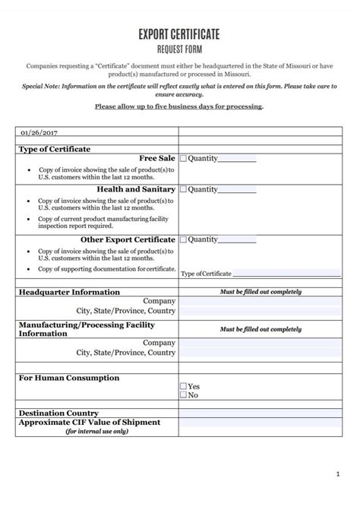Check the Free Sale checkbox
coord(183,159)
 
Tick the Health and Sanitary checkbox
coord(183,189)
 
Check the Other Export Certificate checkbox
coord(183,239)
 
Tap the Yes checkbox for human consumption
coord(183,386)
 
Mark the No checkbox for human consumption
coord(183,395)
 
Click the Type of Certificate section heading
coord(54,149)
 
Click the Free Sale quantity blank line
coord(237,160)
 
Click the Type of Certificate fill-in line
coord(286,274)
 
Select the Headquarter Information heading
coord(69,292)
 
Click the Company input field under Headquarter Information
coord(260,301)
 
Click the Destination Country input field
coord(260,413)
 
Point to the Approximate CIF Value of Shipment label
coord(89,423)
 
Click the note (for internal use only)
coord(97,432)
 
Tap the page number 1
coord(337,474)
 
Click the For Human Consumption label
coord(68,378)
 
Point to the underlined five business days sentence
coord(179,106)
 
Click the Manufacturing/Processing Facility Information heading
coord(86,328)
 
